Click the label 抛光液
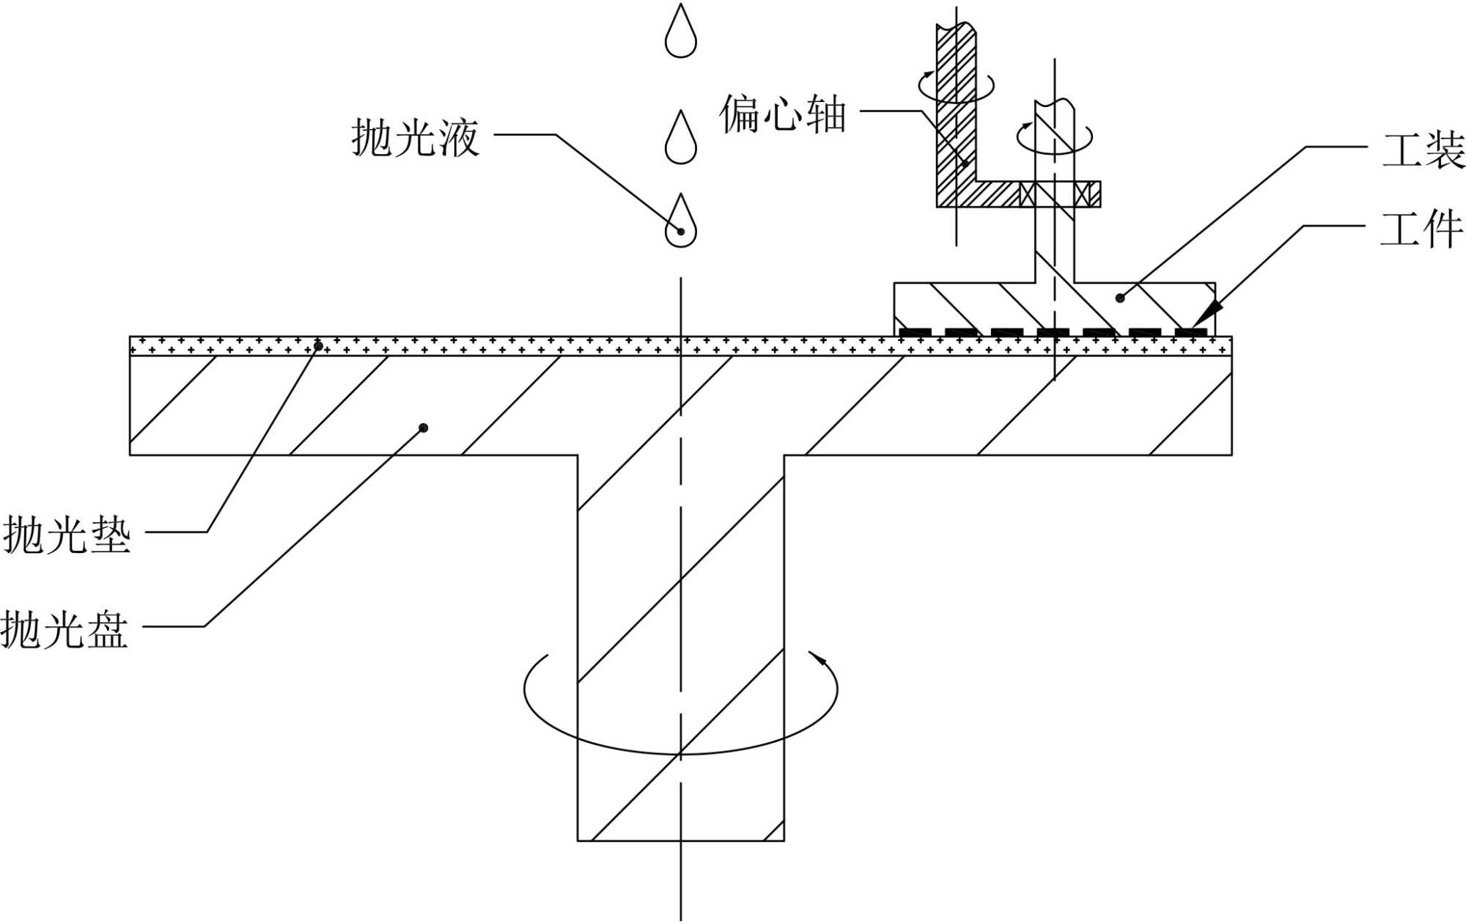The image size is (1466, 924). point(415,137)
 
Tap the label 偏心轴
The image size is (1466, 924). point(783,114)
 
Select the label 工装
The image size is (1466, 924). point(1423,150)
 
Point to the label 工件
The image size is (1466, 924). point(1421,230)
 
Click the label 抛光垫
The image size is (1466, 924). point(67,534)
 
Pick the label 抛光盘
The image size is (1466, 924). point(65,629)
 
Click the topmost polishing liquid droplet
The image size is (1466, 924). point(680,33)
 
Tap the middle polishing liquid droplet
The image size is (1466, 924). point(680,139)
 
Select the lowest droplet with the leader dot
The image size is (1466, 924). point(680,223)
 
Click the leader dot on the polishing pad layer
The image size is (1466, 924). point(318,346)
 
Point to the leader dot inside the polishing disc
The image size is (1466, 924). point(423,428)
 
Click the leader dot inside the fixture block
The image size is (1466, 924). point(1119,298)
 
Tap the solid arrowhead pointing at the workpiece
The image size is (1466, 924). point(1207,313)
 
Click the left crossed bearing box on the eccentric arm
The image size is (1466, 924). point(1028,194)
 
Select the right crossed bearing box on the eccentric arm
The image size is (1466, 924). point(1082,194)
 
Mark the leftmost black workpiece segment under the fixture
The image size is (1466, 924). point(915,333)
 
